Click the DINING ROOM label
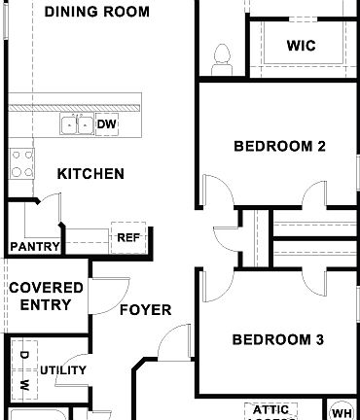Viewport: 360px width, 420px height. (97, 13)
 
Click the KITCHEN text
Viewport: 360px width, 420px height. (90, 174)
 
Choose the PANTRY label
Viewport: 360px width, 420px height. (35, 247)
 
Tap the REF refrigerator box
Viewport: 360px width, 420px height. (127, 236)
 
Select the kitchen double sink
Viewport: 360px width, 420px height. (78, 124)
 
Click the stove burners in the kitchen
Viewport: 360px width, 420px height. (21, 163)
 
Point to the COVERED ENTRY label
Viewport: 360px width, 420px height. (39, 296)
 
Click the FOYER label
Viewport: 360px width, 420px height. (145, 310)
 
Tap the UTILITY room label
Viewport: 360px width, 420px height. (63, 370)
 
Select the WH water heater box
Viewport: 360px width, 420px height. (342, 410)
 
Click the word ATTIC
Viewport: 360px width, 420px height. (270, 410)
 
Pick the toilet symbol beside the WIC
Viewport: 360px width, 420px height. (220, 53)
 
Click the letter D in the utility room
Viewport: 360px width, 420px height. (24, 356)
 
